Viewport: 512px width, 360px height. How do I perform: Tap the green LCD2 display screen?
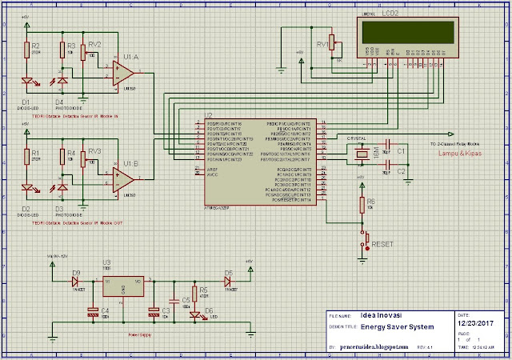[x=407, y=33]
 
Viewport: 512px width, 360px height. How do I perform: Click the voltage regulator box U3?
[x=121, y=289]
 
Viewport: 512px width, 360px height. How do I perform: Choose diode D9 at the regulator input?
[x=76, y=281]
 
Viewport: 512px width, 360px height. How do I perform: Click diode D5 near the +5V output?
[x=228, y=281]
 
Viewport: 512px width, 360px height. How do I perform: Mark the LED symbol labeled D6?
[x=194, y=314]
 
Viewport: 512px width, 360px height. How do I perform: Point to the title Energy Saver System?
[x=397, y=328]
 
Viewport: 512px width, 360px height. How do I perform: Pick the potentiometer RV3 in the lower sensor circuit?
[x=95, y=159]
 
